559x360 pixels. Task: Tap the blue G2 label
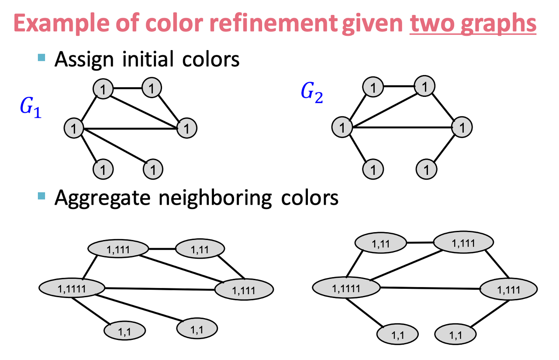(312, 93)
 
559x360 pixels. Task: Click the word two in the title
(430, 25)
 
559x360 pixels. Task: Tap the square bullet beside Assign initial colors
(42, 57)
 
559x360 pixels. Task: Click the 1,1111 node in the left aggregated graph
(72, 288)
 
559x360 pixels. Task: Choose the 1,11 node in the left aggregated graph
(200, 249)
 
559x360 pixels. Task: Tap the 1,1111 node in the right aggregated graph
(346, 288)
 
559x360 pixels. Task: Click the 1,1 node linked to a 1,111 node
(455, 335)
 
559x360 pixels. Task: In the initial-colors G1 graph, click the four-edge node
(74, 128)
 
